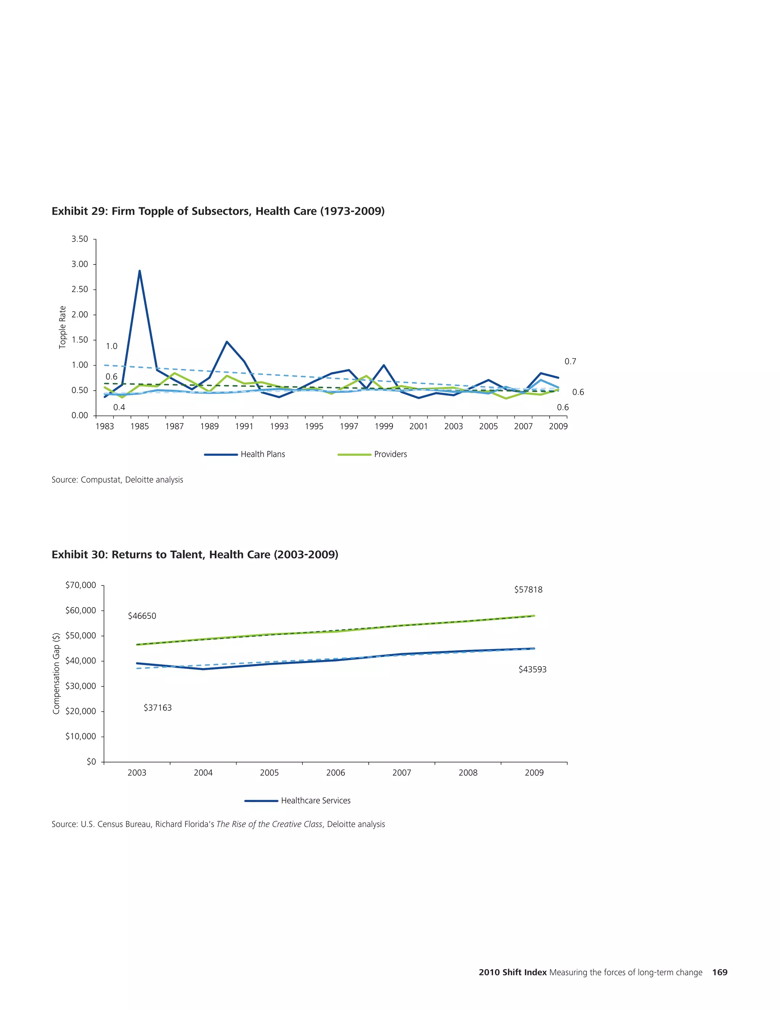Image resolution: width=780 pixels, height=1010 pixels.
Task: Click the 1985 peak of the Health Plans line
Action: click(139, 271)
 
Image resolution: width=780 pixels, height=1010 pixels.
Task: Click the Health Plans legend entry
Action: click(245, 454)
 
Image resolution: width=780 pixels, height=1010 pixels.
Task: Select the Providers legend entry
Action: click(372, 454)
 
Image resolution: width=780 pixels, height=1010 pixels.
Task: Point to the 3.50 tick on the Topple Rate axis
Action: click(80, 239)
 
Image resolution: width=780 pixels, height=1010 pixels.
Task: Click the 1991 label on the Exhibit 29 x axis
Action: click(244, 426)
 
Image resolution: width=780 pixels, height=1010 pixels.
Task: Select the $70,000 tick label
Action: click(81, 585)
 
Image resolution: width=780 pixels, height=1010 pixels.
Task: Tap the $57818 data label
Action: click(528, 590)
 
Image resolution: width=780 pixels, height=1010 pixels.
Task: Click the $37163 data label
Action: click(158, 707)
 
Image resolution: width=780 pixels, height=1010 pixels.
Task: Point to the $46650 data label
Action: click(142, 616)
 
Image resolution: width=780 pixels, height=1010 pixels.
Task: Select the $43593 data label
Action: click(532, 669)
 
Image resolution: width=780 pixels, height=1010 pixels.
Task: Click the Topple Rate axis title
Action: click(63, 327)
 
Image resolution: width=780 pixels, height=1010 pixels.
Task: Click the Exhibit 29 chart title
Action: click(218, 212)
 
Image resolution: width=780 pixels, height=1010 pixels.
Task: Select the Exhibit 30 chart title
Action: click(195, 555)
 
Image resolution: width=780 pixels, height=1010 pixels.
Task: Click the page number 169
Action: click(719, 972)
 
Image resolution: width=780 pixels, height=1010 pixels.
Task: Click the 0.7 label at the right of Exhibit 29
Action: click(570, 361)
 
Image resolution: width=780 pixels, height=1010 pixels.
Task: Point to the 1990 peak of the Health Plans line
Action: click(227, 342)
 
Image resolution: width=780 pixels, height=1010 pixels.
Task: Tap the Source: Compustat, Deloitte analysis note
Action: click(117, 479)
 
